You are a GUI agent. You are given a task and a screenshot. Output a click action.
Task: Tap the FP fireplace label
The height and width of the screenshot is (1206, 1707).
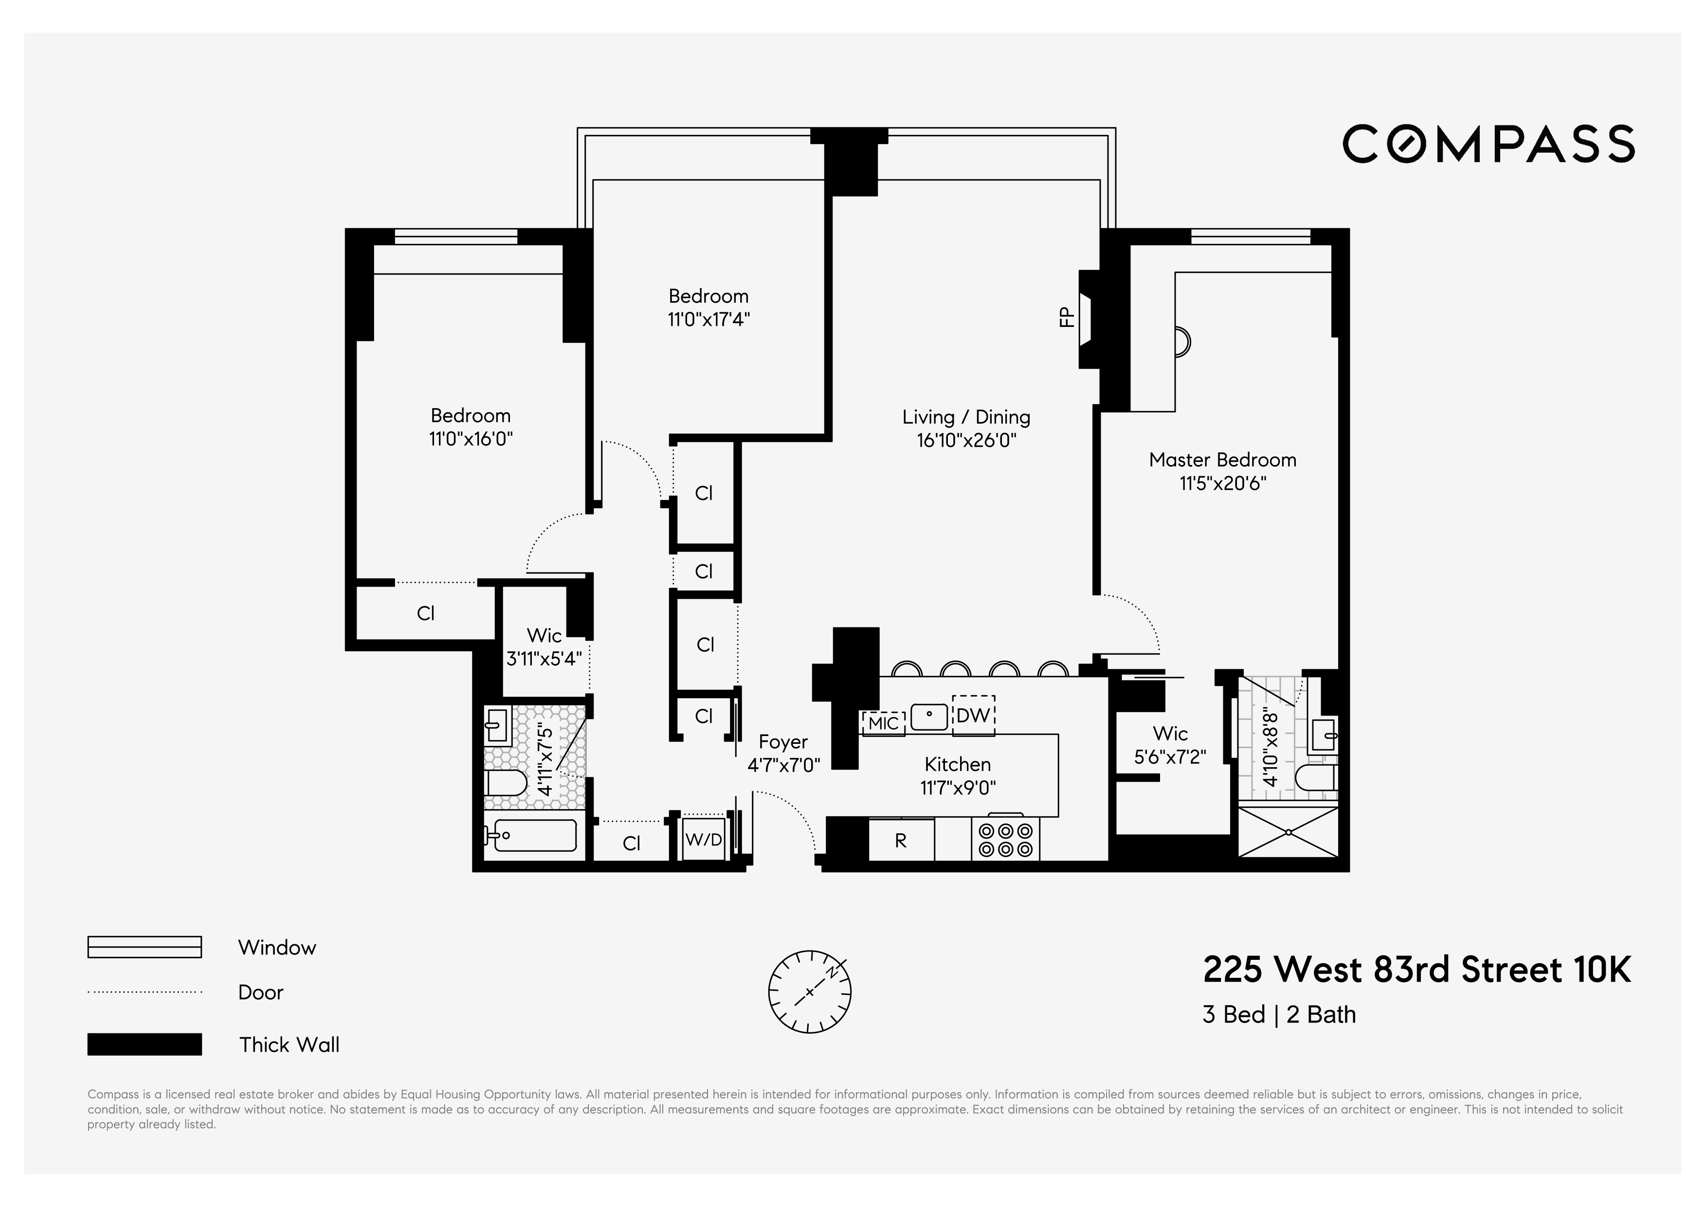tap(1066, 317)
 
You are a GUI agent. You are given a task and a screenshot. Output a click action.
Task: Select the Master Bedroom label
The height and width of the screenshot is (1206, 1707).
tap(1222, 460)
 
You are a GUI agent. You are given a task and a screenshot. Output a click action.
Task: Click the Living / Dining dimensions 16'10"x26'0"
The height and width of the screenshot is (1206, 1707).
tap(966, 441)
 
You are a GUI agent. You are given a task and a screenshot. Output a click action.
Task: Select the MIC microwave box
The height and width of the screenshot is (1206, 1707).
tap(883, 722)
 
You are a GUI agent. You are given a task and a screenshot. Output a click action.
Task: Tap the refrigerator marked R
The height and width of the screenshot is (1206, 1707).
tap(900, 841)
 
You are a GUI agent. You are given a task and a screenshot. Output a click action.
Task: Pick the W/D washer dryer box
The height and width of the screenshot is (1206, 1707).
tap(703, 840)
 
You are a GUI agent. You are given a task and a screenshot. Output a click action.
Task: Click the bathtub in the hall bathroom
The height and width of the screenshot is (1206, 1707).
tap(531, 835)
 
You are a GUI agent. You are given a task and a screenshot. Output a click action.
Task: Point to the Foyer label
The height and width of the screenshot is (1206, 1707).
tap(783, 741)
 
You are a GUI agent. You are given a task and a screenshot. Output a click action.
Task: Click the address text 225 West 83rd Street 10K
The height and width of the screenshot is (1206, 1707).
tap(1416, 970)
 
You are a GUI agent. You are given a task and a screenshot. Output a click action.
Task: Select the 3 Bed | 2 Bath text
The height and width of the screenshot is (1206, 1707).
tap(1279, 1014)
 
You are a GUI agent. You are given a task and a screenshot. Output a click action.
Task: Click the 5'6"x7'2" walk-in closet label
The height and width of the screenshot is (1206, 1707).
tap(1169, 756)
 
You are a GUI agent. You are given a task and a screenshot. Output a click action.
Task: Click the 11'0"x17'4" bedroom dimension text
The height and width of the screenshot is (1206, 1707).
tap(708, 320)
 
